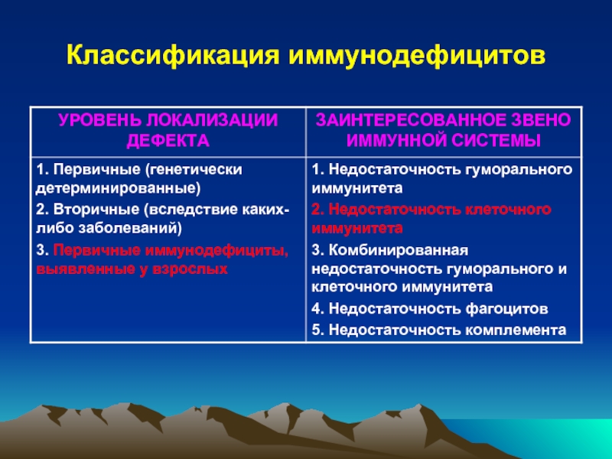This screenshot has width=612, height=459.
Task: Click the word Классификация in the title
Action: (x=173, y=55)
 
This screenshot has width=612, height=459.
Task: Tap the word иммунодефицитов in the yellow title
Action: (x=417, y=55)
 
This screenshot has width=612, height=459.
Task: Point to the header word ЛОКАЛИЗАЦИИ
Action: (x=213, y=120)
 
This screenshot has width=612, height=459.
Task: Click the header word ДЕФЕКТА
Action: (x=168, y=141)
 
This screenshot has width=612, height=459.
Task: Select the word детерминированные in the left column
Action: (x=118, y=188)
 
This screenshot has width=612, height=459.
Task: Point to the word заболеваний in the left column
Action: (x=130, y=228)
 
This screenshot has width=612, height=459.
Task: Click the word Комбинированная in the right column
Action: (x=398, y=250)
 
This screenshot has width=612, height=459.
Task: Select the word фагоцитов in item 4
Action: (x=507, y=309)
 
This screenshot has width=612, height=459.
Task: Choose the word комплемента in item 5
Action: (x=516, y=330)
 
